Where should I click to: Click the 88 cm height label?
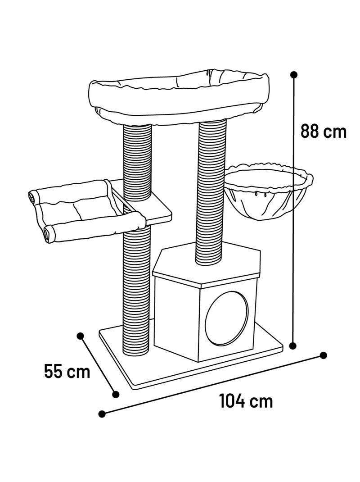tap(324, 131)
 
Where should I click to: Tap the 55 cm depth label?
tap(67, 371)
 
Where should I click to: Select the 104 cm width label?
tap(246, 401)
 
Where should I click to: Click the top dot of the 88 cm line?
tap(294, 75)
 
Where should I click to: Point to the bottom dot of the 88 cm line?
tap(293, 346)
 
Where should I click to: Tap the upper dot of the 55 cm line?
tap(81, 336)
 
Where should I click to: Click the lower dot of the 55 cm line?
tap(116, 395)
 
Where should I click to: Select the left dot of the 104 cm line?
tap(102, 414)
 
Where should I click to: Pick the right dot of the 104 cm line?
tap(323, 355)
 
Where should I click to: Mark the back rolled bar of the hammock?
tap(69, 190)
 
